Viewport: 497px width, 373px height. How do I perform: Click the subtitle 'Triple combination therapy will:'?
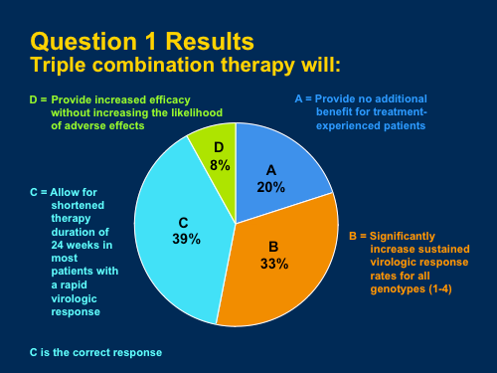(x=185, y=66)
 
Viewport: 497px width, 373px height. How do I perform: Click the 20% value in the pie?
(x=269, y=187)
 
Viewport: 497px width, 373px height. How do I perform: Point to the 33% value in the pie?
(x=273, y=264)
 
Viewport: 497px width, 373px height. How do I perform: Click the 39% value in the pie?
(x=185, y=239)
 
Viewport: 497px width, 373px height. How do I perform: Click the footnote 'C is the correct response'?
(x=95, y=352)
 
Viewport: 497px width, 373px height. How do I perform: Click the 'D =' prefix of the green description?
(x=38, y=99)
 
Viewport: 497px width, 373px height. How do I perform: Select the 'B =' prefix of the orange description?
(x=359, y=236)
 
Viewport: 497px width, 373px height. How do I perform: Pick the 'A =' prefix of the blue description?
(x=305, y=99)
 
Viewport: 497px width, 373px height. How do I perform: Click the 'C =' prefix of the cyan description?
(x=39, y=190)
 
